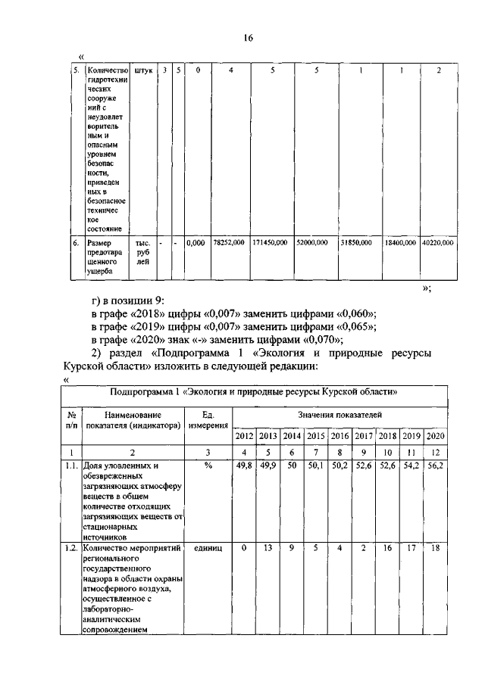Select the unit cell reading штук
click(142, 70)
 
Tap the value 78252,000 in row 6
click(229, 243)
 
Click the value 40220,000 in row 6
click(438, 243)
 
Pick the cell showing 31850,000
click(355, 243)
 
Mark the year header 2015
click(316, 437)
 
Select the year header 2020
click(435, 437)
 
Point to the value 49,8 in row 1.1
click(244, 466)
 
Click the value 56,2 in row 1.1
click(435, 466)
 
